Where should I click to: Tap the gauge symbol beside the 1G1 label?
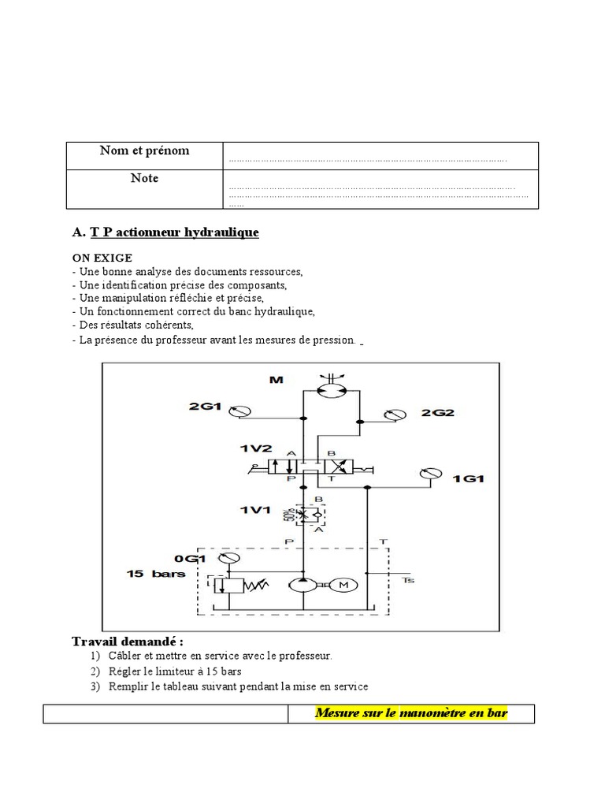tap(428, 474)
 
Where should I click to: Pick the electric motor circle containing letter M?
tap(342, 585)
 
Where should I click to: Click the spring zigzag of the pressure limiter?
tap(253, 586)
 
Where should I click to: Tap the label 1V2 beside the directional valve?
tap(254, 448)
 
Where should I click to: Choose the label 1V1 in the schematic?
tap(255, 511)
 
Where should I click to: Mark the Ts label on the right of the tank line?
tap(407, 580)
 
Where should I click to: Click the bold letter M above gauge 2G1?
tap(276, 380)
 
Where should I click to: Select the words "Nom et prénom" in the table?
tap(144, 151)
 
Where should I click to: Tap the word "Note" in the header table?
tap(144, 178)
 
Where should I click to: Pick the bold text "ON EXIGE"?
tap(102, 258)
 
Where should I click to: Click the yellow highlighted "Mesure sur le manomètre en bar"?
tap(411, 713)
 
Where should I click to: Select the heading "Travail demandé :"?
tap(128, 642)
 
